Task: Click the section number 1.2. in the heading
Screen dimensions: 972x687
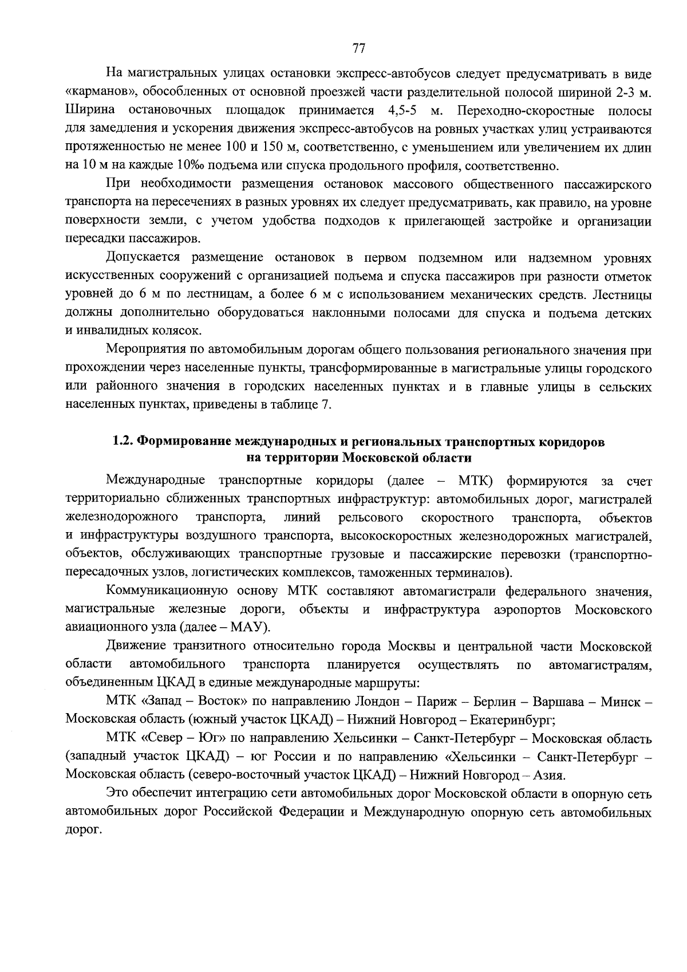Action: [x=123, y=442]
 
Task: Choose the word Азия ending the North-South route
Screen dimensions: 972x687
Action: [x=549, y=776]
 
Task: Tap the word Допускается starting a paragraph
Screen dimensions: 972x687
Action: [x=143, y=258]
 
